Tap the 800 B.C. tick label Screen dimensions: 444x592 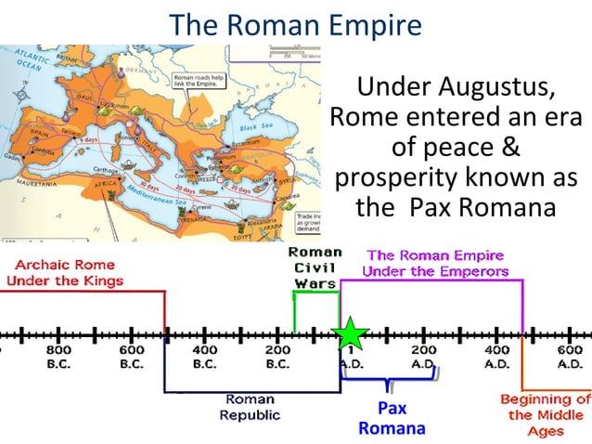click(58, 357)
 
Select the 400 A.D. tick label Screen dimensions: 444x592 click(496, 357)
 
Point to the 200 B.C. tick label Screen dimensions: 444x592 click(277, 357)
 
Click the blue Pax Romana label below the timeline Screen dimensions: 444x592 click(392, 418)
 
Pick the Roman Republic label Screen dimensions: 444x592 click(250, 407)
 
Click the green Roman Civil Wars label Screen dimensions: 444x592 click(315, 268)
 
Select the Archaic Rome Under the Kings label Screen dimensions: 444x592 click(63, 272)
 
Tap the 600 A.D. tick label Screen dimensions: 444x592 click(569, 357)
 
